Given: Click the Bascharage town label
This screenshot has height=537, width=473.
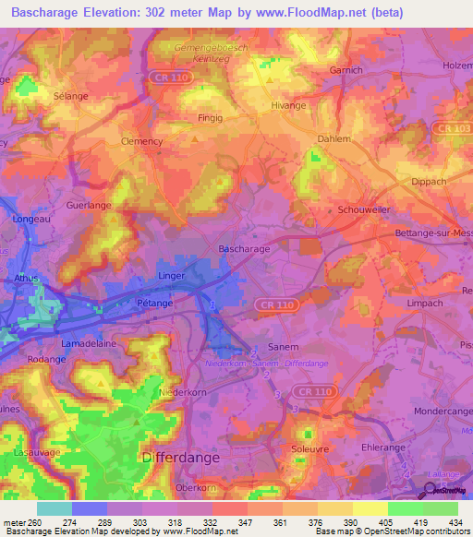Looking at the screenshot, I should (x=243, y=249).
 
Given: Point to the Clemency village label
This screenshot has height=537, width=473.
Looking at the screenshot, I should (x=142, y=141).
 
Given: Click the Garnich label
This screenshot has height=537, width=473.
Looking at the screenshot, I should (x=346, y=69).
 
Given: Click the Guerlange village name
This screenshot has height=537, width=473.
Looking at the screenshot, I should (x=89, y=207).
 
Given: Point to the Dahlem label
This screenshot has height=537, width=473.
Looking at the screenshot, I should (x=334, y=140).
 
